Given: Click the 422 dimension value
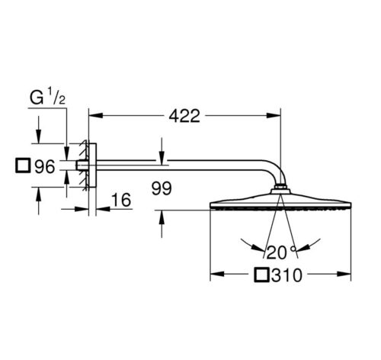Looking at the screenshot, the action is [x=184, y=116].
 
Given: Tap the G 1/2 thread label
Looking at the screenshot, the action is [x=47, y=98].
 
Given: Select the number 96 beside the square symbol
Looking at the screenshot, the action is [x=45, y=166].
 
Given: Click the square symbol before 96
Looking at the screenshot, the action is [x=23, y=166].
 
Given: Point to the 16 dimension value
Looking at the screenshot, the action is [x=121, y=200].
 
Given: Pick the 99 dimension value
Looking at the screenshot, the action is [x=162, y=188].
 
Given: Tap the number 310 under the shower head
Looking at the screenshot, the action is [x=287, y=275].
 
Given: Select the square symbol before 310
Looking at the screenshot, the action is [x=261, y=275].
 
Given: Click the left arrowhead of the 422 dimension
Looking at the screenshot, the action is [x=95, y=116].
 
